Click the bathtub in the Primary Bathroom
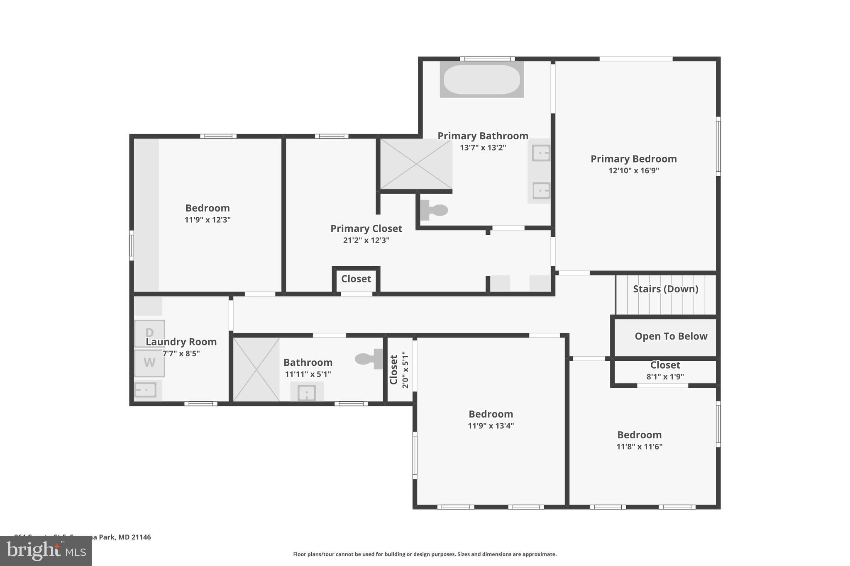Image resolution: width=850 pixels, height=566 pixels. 481,79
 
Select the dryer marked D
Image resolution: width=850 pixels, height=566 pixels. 149,333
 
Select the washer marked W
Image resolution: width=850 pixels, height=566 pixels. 149,363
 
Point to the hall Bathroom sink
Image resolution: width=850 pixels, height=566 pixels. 307,392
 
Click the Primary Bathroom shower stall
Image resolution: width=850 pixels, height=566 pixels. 416,164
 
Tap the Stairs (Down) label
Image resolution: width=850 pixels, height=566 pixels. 665,289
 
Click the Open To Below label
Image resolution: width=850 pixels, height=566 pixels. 671,336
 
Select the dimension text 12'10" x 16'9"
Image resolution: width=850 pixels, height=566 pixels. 633,170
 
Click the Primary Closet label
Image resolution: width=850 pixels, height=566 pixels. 366,228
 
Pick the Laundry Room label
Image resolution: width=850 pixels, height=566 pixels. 181,342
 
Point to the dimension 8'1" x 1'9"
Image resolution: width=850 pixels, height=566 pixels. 665,377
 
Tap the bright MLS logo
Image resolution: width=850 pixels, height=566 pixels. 46,551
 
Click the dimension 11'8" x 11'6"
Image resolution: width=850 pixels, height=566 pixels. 639,447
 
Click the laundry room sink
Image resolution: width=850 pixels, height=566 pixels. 146,390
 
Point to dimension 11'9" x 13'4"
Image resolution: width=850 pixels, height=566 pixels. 491,426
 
